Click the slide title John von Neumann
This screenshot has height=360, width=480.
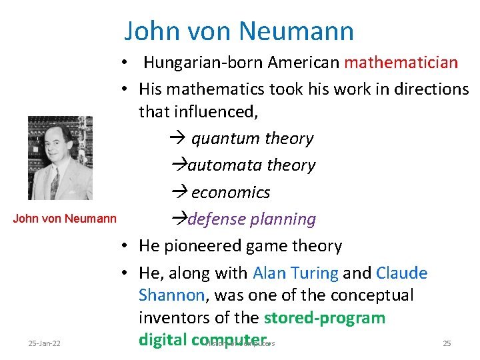click(x=239, y=31)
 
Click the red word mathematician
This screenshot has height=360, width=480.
click(x=401, y=63)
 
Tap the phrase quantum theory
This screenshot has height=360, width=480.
click(x=252, y=139)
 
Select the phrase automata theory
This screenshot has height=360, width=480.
click(x=251, y=165)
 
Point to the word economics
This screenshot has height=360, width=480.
click(x=230, y=193)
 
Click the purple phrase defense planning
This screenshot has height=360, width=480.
click(x=251, y=219)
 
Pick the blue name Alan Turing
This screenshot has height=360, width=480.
click(x=295, y=273)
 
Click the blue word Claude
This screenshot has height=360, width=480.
click(x=401, y=273)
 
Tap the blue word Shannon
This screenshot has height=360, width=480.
click(x=171, y=295)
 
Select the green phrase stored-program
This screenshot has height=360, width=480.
click(x=325, y=317)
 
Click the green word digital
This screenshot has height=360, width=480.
click(x=163, y=340)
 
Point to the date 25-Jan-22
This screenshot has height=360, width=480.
click(x=44, y=343)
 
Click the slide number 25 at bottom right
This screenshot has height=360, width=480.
click(x=447, y=343)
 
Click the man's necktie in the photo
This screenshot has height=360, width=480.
click(x=55, y=183)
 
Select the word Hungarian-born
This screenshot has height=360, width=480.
click(x=203, y=63)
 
